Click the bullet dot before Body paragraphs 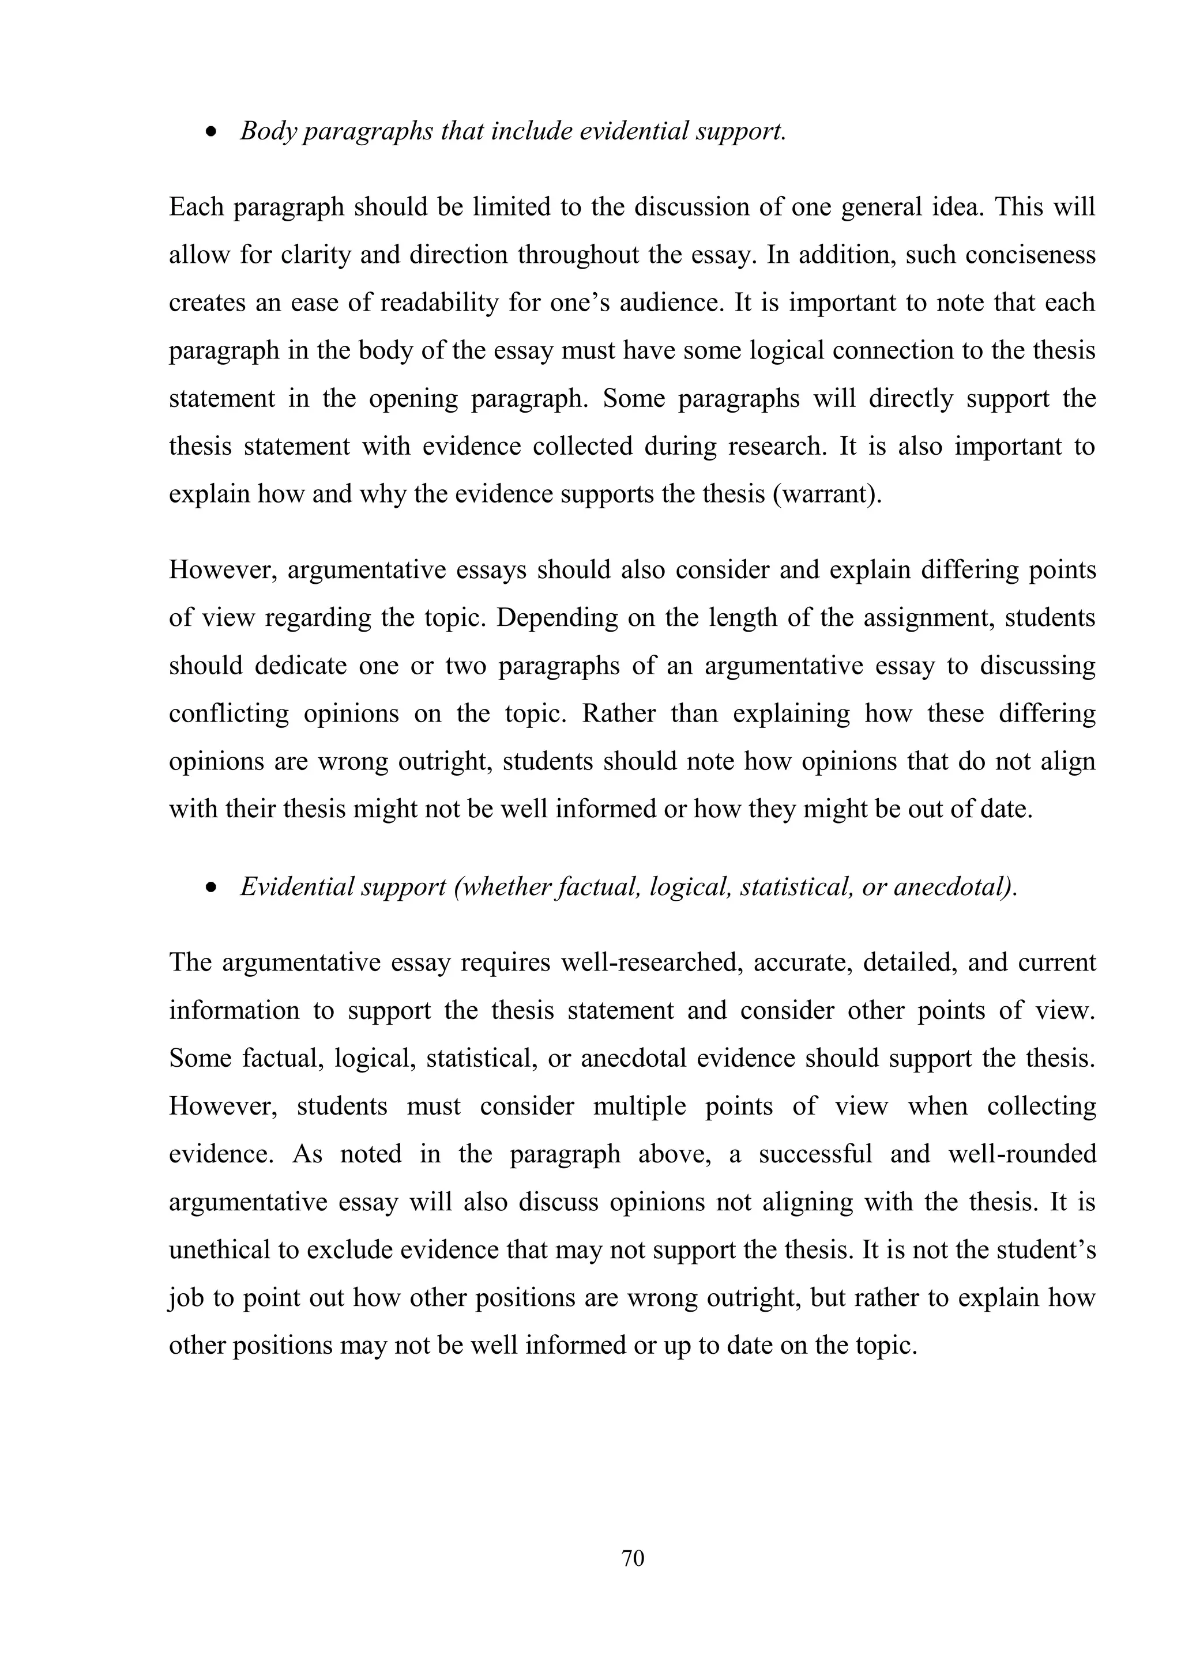click(x=212, y=133)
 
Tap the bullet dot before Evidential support click(x=212, y=888)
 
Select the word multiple click(x=640, y=1107)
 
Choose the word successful click(x=815, y=1154)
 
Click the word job click(x=186, y=1297)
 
